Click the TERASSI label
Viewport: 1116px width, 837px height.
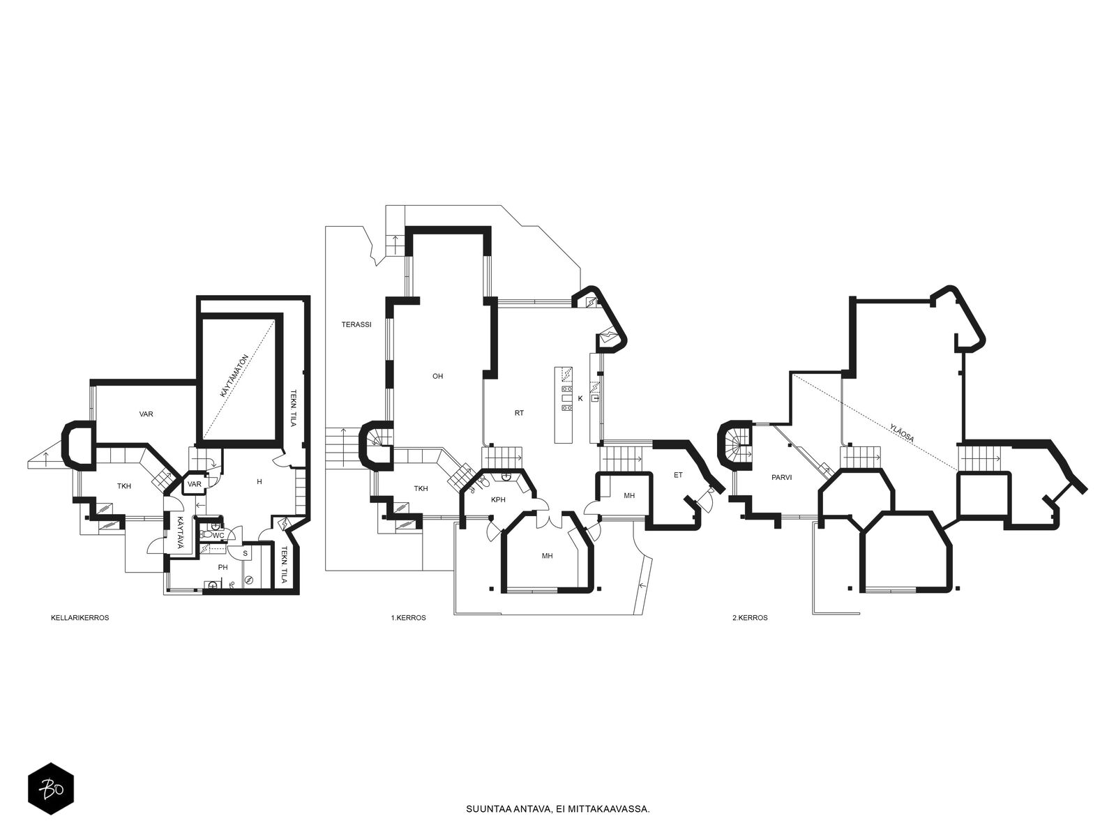click(356, 324)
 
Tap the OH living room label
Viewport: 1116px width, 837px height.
click(438, 376)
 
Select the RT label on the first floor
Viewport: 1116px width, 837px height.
click(519, 413)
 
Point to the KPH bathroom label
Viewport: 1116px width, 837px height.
click(498, 499)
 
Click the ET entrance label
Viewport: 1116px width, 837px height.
click(678, 475)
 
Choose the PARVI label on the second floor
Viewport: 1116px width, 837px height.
click(781, 477)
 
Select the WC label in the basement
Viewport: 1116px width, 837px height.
click(218, 536)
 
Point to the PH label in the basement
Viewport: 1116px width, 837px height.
click(223, 567)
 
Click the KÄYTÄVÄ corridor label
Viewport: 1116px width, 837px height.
click(181, 533)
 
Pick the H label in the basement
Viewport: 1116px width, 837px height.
click(259, 481)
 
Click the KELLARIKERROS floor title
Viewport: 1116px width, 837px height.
click(80, 618)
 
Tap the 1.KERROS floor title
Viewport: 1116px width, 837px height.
click(408, 618)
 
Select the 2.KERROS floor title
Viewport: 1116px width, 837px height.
click(750, 618)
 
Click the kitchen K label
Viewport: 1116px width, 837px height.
click(580, 398)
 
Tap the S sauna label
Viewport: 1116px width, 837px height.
click(245, 553)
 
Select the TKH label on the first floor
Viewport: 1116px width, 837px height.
click(421, 488)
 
